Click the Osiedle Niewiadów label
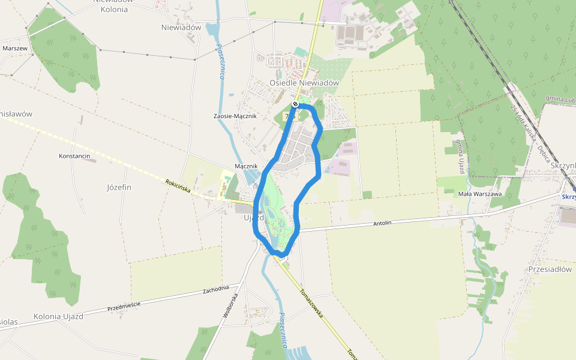304,83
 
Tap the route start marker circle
295,104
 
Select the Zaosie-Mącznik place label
235,116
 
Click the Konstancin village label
74,156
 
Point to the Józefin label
119,187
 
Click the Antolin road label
382,223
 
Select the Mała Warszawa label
479,194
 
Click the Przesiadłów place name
550,269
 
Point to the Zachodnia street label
216,289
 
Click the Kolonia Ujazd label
58,316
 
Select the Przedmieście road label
124,306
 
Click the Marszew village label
14,48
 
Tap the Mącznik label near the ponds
245,166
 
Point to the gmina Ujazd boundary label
460,155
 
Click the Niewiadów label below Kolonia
181,28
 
